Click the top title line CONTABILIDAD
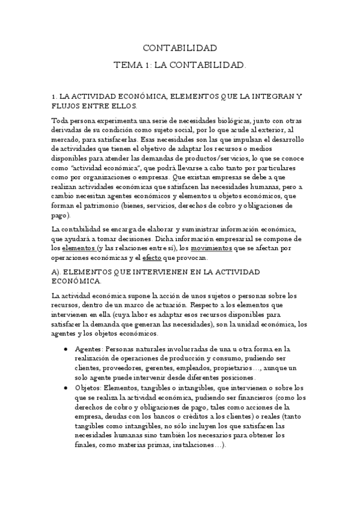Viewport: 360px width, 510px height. pyautogui.click(x=180, y=48)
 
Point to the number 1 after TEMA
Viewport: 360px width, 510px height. pyautogui.click(x=147, y=64)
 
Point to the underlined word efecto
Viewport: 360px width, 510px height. pyautogui.click(x=151, y=257)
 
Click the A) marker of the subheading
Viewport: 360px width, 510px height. pyautogui.click(x=56, y=272)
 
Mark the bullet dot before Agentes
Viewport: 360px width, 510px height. pyautogui.click(x=65, y=349)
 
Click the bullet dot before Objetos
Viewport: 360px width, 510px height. pyautogui.click(x=65, y=388)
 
